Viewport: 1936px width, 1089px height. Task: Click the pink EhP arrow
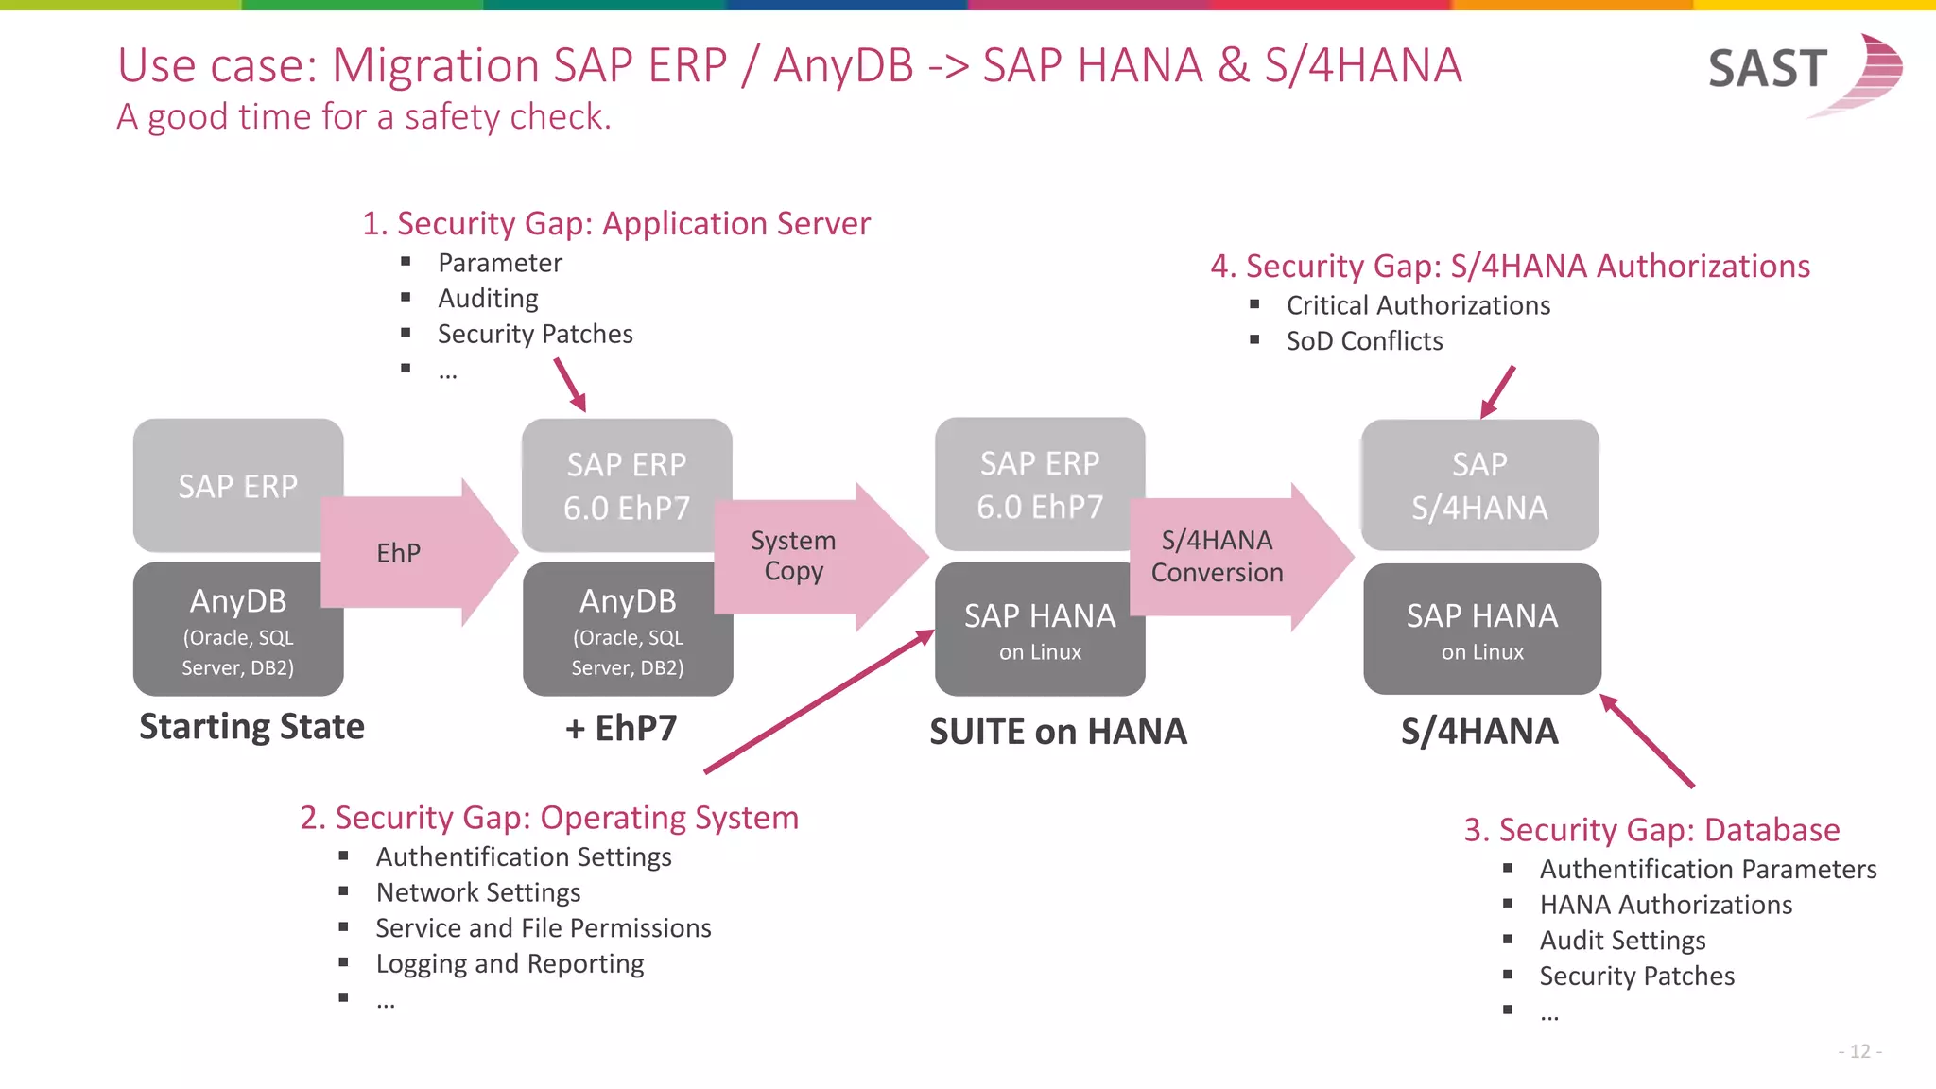click(416, 553)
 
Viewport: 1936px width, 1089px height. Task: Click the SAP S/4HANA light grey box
click(1479, 485)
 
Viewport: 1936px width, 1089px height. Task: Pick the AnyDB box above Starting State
click(237, 630)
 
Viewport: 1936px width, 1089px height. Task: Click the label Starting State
click(251, 726)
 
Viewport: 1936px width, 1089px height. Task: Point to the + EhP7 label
click(621, 728)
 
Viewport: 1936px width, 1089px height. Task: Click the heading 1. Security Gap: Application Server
click(615, 224)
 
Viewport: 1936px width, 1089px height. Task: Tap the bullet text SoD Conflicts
click(1363, 341)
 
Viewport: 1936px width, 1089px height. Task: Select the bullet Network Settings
click(477, 892)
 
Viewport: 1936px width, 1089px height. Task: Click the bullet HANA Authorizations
click(1665, 905)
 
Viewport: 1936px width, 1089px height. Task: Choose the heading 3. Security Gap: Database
click(1651, 830)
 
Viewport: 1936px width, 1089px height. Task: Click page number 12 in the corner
click(1859, 1051)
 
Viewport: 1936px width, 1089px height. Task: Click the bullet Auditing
click(488, 299)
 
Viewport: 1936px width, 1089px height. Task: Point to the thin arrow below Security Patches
click(570, 385)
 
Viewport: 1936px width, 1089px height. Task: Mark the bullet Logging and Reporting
click(510, 964)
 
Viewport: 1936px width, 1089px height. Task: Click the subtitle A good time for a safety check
click(364, 117)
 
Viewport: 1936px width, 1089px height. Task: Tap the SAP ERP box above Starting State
click(237, 486)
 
